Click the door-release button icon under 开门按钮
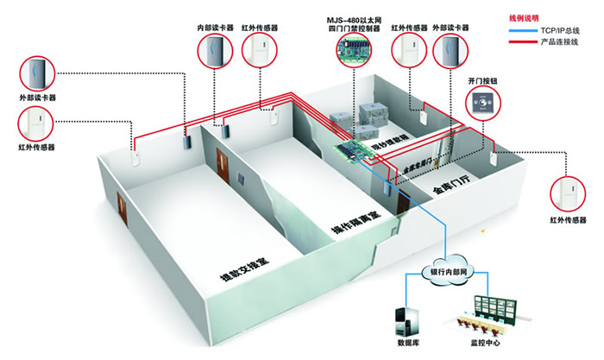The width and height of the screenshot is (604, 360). coord(482,105)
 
